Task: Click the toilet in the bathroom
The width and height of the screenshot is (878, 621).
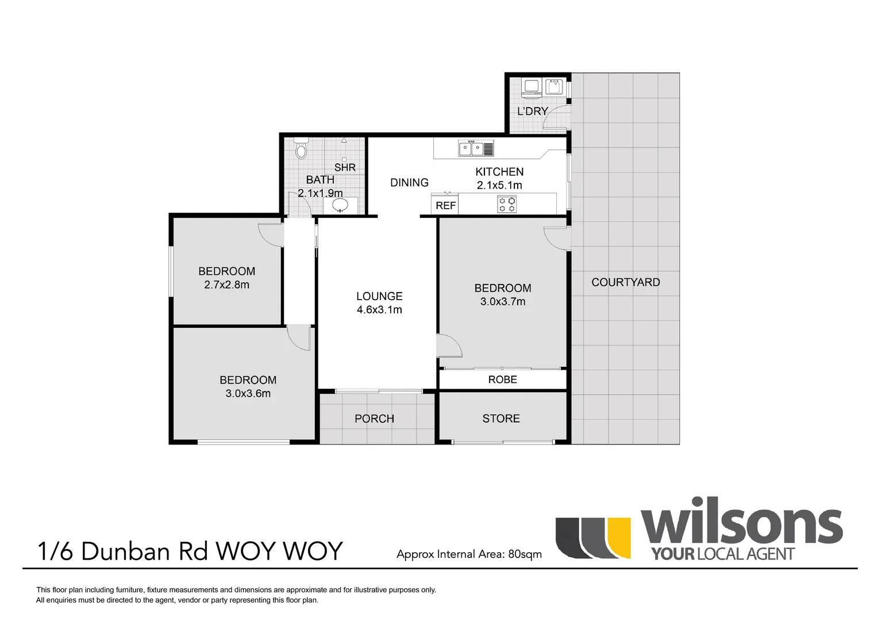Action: coord(301,149)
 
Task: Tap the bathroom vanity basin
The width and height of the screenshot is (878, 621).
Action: coord(340,205)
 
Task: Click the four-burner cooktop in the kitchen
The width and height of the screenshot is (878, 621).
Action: coord(507,204)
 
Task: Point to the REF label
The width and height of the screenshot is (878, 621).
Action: coord(445,205)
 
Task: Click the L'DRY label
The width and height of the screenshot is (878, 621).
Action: coord(533,111)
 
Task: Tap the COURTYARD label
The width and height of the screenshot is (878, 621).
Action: coord(626,282)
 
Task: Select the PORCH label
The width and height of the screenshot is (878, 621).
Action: coord(374,419)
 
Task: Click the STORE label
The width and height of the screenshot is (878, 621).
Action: coord(501,419)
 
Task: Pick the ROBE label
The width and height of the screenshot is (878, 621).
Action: coord(502,379)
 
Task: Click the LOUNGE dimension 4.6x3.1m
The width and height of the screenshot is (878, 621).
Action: coord(379,310)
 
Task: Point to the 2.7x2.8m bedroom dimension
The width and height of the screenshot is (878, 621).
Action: coord(226,285)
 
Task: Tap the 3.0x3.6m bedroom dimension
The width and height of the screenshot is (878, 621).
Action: coord(248,393)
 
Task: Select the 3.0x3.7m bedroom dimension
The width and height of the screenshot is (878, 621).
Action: coord(503,301)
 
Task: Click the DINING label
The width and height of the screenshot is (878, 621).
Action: coord(409,183)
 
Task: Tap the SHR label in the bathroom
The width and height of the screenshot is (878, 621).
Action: coord(345,167)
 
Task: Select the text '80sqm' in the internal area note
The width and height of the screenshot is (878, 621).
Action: coord(525,554)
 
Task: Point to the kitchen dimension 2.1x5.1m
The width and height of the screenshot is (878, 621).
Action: coord(499,185)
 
